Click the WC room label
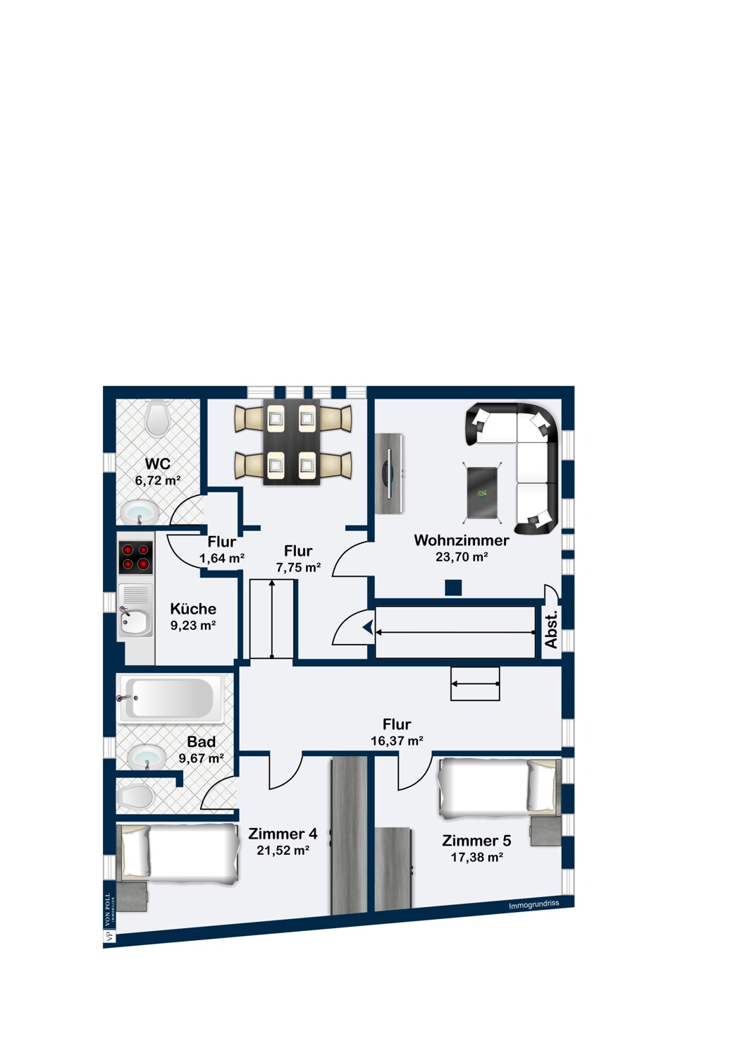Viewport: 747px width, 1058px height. [157, 464]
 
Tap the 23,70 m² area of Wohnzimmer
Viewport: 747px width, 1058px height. [462, 557]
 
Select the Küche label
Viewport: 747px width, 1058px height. [193, 609]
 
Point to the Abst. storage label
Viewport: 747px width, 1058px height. [551, 630]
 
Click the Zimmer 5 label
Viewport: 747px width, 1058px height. [476, 841]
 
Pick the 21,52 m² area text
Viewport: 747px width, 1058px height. [283, 851]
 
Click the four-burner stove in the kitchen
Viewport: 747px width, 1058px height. [135, 556]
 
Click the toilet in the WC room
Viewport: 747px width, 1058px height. [157, 418]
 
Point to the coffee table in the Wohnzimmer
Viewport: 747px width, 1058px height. [483, 492]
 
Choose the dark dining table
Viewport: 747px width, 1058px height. [291, 442]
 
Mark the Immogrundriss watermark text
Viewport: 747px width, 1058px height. [533, 904]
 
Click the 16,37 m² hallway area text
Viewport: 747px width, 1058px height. [397, 741]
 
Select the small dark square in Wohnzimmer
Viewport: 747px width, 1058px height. [453, 587]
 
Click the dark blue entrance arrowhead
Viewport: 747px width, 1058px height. [367, 627]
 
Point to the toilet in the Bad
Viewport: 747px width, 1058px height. [137, 798]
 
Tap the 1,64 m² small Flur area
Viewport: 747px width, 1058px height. [222, 559]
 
